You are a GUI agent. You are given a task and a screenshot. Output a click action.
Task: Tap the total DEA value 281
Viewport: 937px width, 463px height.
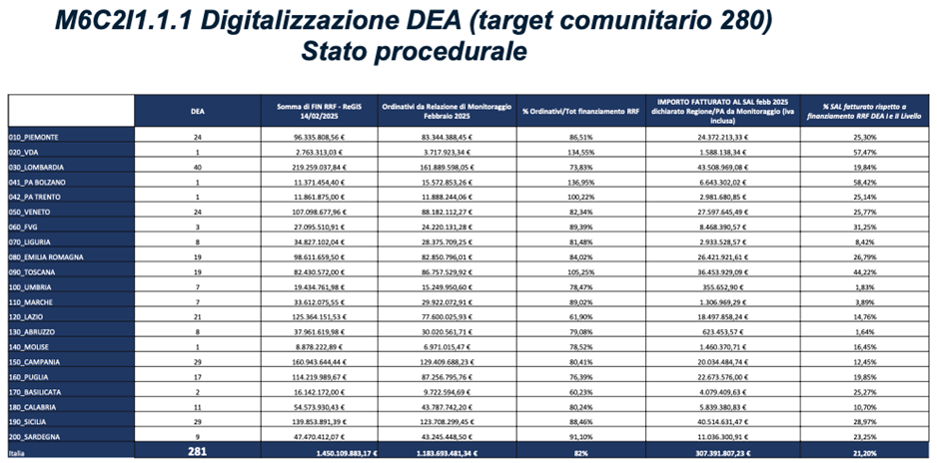198,453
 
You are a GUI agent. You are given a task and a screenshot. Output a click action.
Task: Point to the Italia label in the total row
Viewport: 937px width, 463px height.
21,454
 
